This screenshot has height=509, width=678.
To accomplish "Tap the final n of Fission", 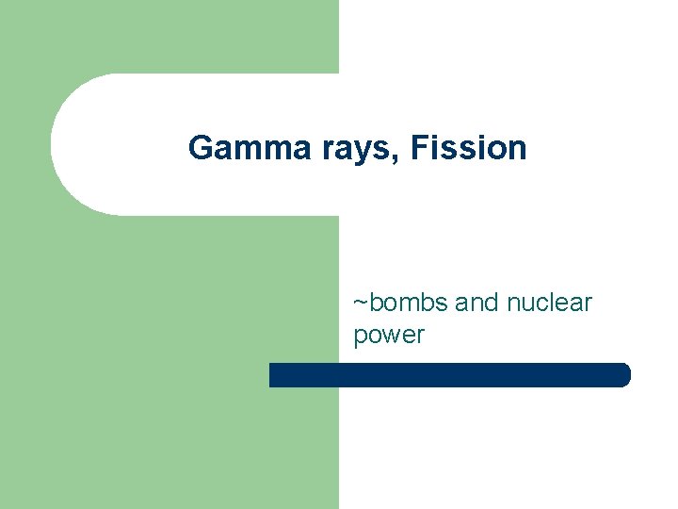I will point(517,150).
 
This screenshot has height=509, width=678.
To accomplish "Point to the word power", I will point(389,336).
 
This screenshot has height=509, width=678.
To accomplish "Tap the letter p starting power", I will point(360,337).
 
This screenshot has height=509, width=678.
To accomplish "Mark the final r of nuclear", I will point(588,304).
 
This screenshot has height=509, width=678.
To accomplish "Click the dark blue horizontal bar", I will point(449,375).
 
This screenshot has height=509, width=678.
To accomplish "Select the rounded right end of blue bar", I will point(623,375).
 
